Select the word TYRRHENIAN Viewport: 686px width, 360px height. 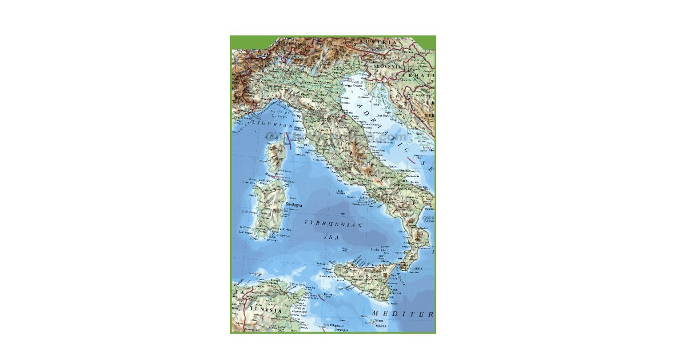pos(333,225)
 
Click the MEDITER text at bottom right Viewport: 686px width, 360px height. pos(402,314)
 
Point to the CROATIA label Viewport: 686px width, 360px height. pos(420,75)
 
